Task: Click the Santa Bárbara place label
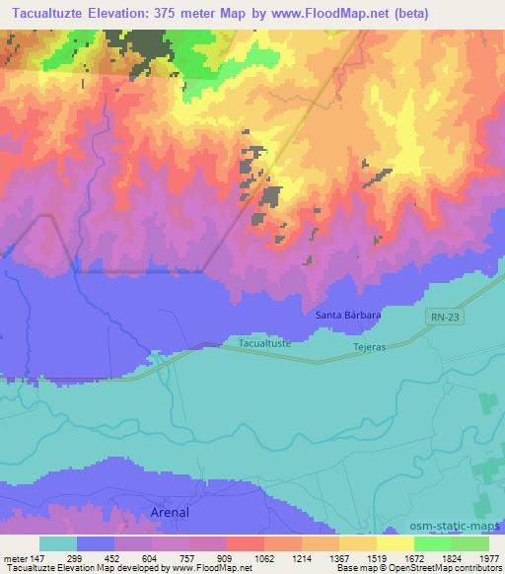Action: [x=348, y=315]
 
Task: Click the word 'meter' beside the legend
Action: [x=12, y=557]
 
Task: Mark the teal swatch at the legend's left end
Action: [x=58, y=543]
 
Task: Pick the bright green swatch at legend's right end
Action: [x=470, y=543]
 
